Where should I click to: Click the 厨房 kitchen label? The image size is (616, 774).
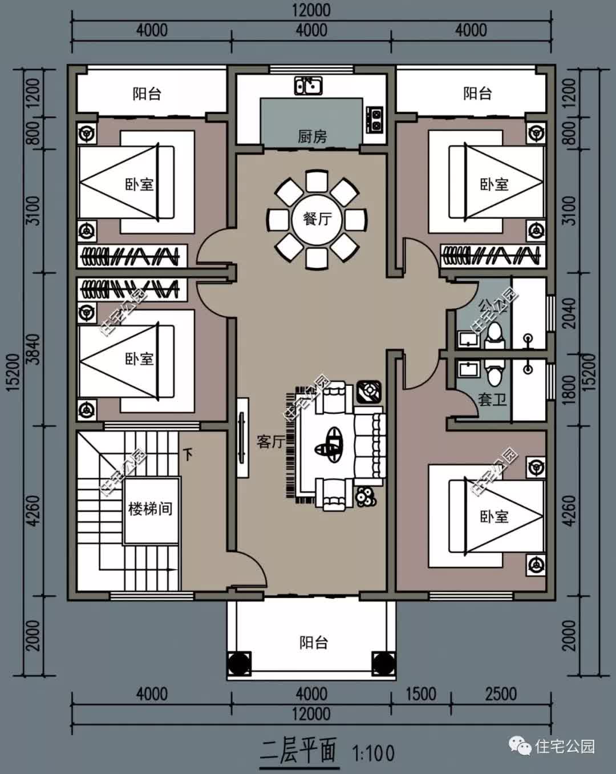pyautogui.click(x=312, y=136)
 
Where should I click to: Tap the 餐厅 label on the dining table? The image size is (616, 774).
pyautogui.click(x=317, y=219)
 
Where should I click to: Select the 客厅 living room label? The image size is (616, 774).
pyautogui.click(x=270, y=441)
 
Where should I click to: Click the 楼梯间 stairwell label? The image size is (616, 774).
pyautogui.click(x=150, y=509)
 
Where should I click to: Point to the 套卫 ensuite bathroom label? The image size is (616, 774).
pyautogui.click(x=492, y=399)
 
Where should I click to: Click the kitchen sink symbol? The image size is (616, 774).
pyautogui.click(x=308, y=86)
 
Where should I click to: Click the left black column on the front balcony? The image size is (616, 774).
pyautogui.click(x=238, y=663)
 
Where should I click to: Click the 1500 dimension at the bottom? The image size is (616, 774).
pyautogui.click(x=421, y=694)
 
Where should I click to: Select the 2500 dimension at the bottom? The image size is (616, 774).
pyautogui.click(x=501, y=694)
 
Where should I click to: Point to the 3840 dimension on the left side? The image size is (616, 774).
pyautogui.click(x=34, y=349)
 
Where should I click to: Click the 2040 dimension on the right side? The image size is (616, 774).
pyautogui.click(x=569, y=312)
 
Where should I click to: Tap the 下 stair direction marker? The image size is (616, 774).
pyautogui.click(x=188, y=454)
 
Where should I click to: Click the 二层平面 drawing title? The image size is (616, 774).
pyautogui.click(x=299, y=751)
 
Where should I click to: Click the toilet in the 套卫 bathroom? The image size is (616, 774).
pyautogui.click(x=494, y=373)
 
